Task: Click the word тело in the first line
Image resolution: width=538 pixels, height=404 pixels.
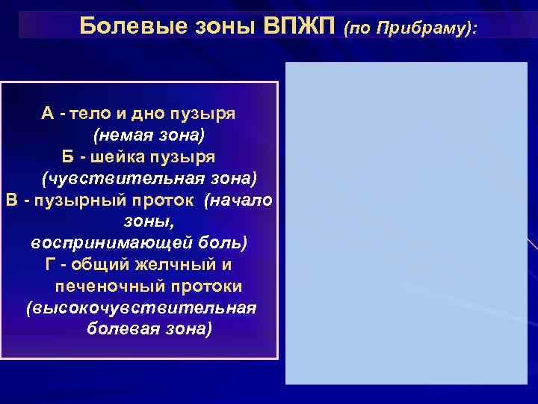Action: click(x=90, y=114)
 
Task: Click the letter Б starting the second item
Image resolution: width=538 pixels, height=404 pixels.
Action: click(x=68, y=158)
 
